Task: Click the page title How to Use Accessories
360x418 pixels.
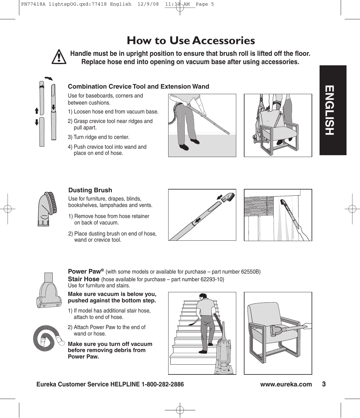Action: pyautogui.click(x=191, y=40)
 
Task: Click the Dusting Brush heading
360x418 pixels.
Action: pyautogui.click(x=90, y=190)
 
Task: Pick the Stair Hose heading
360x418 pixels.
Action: pyautogui.click(x=83, y=279)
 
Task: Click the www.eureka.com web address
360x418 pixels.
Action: pyautogui.click(x=286, y=385)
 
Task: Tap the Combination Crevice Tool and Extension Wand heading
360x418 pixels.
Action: pyautogui.click(x=138, y=86)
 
